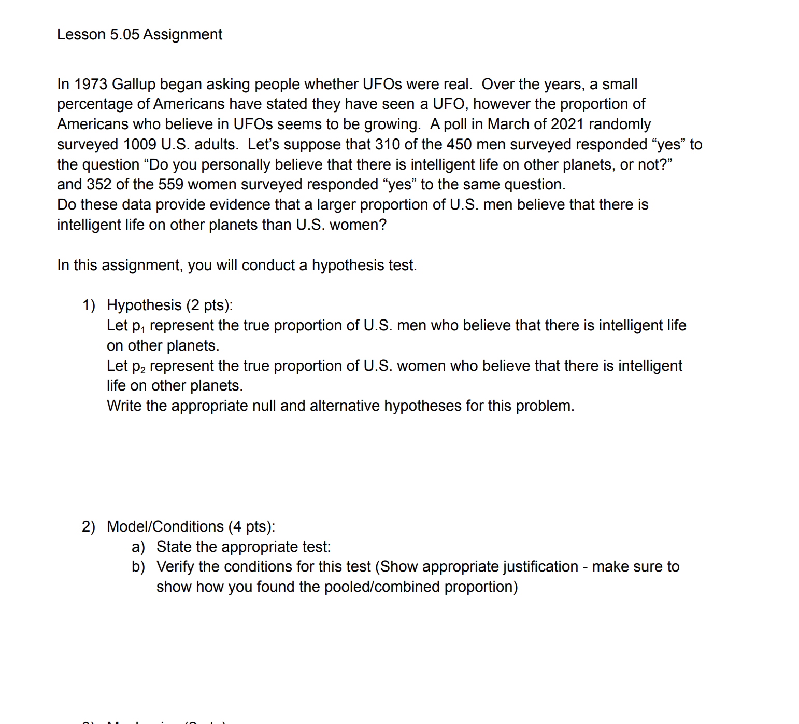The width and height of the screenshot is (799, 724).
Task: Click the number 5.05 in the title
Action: (x=124, y=34)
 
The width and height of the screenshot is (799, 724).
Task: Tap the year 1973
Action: (x=90, y=84)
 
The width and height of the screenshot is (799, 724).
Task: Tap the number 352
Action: (x=99, y=185)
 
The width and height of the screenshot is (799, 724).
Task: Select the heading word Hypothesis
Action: (x=144, y=305)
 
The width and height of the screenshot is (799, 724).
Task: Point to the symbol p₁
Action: (x=139, y=326)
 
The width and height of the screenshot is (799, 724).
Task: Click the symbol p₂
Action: (x=139, y=367)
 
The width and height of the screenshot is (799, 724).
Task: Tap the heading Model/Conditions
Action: (x=165, y=526)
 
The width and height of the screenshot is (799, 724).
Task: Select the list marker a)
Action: (x=138, y=547)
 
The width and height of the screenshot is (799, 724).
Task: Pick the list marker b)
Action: (x=138, y=567)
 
